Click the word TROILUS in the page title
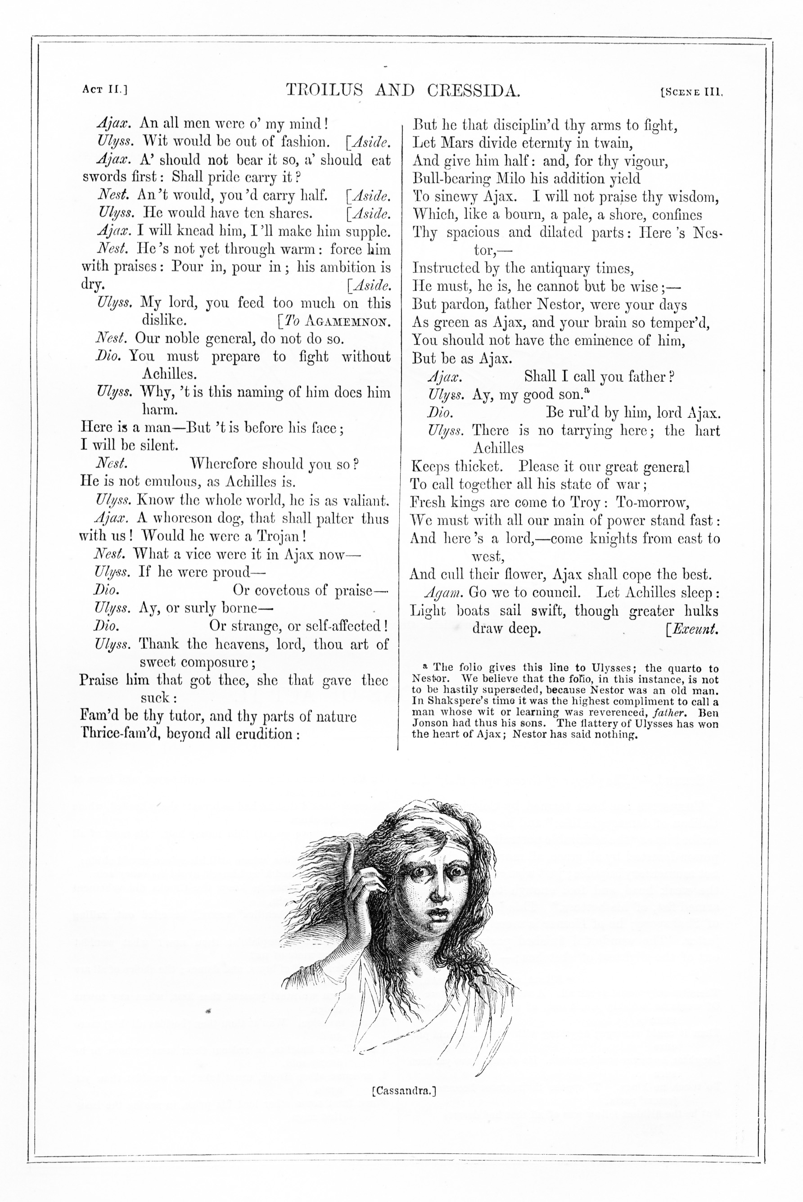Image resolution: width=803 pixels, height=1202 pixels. (324, 90)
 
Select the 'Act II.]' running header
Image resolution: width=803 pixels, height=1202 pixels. (104, 90)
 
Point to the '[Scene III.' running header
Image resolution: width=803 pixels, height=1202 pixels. (691, 93)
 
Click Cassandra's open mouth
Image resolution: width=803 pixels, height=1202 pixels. (439, 911)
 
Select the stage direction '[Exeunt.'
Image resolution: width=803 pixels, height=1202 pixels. (692, 629)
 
